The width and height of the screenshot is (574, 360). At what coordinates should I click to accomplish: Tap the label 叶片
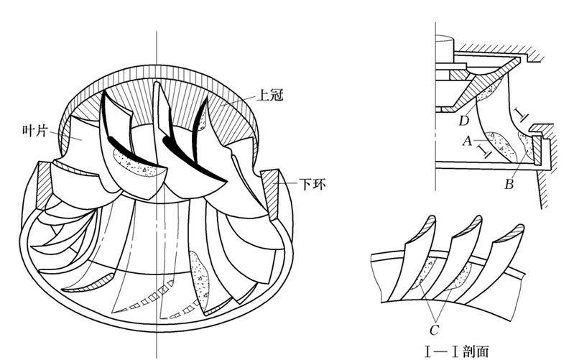click(x=34, y=131)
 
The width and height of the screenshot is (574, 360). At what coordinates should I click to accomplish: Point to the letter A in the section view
click(x=467, y=140)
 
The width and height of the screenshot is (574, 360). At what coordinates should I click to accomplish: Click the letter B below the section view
click(x=509, y=184)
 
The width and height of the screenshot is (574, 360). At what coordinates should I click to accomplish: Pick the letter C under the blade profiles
click(x=434, y=330)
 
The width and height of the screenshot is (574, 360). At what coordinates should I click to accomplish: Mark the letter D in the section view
click(x=464, y=121)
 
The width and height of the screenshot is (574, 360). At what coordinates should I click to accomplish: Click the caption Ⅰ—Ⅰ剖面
click(x=456, y=351)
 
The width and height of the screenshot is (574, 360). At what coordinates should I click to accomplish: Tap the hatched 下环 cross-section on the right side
click(x=271, y=193)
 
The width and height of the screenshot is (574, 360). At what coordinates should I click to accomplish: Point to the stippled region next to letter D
click(x=489, y=90)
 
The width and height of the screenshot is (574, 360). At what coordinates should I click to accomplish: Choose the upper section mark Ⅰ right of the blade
click(x=521, y=114)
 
